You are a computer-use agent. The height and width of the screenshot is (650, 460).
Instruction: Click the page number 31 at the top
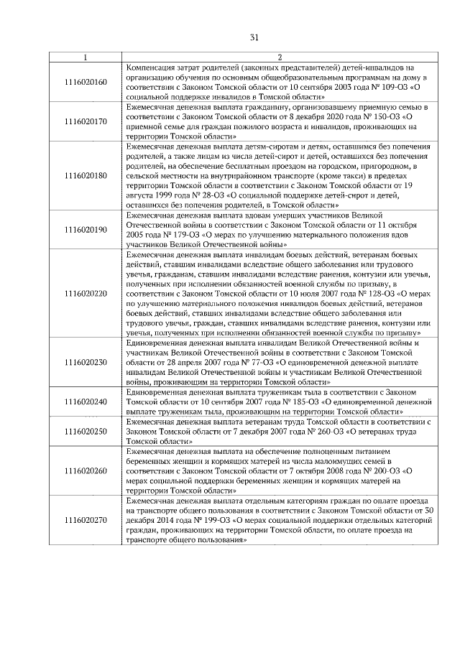pos(254,38)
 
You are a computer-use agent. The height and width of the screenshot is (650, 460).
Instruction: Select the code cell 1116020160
pos(86,82)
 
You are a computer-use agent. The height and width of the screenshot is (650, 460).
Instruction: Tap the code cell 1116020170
pos(86,121)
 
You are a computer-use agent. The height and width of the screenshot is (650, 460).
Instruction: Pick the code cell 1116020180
pos(86,175)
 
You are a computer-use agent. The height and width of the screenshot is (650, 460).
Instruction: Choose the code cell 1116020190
pos(86,230)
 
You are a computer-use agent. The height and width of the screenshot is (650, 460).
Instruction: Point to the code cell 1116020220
pos(86,293)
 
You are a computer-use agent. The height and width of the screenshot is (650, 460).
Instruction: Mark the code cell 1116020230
pos(86,361)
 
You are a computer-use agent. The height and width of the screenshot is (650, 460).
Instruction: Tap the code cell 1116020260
pos(86,470)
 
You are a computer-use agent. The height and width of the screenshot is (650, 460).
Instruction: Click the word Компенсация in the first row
pos(152,68)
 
